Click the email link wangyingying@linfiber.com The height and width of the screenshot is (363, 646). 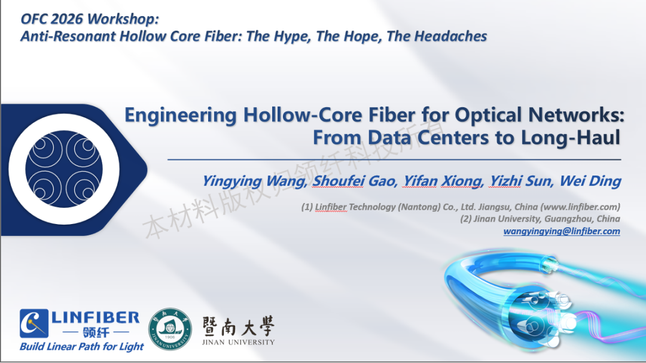click(562, 231)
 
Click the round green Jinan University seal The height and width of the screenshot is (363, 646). click(170, 329)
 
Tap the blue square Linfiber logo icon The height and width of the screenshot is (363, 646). click(33, 323)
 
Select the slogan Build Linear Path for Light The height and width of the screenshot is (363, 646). click(81, 346)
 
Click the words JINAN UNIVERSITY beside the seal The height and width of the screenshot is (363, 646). click(238, 342)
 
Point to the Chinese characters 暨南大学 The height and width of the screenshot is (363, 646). click(238, 326)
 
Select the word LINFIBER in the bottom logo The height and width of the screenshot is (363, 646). click(96, 317)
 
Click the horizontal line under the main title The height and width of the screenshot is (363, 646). click(394, 159)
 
